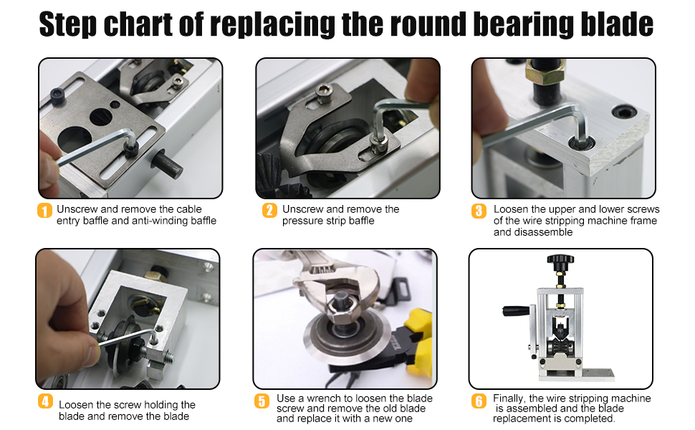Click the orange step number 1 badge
pyautogui.click(x=44, y=211)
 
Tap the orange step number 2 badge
pyautogui.click(x=269, y=210)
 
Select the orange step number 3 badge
pyautogui.click(x=479, y=211)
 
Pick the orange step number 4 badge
pyautogui.click(x=44, y=401)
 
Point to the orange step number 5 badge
pyautogui.click(x=262, y=401)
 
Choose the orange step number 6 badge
pyautogui.click(x=479, y=401)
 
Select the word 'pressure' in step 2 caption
pyautogui.click(x=301, y=221)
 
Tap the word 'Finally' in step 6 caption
pyautogui.click(x=509, y=398)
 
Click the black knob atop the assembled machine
pyautogui.click(x=560, y=259)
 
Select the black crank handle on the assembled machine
pyautogui.click(x=516, y=311)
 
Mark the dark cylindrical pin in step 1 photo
pyautogui.click(x=168, y=163)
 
